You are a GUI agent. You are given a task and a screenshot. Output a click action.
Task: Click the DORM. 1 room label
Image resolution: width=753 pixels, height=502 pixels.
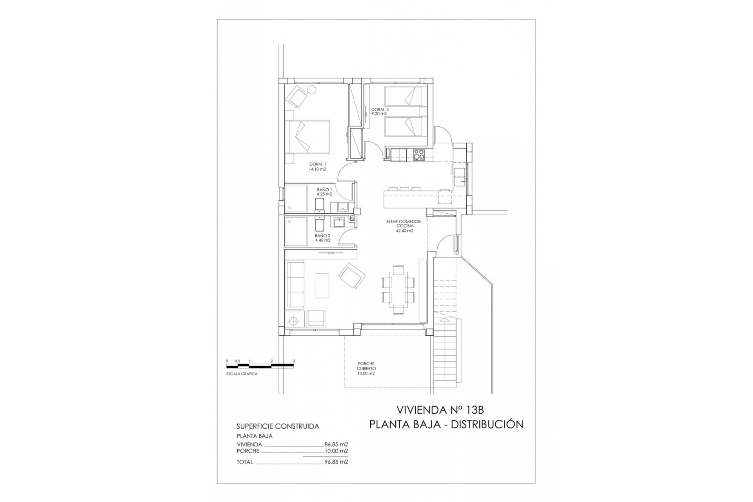pos(318,167)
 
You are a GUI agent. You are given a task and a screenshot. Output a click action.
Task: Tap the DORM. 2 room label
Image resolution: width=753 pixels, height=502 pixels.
pos(380,111)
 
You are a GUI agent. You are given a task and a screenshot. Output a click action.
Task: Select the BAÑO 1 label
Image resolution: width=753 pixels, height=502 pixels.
pos(324,191)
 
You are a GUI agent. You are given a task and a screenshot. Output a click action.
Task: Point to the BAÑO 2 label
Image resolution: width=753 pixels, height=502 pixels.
pos(322,238)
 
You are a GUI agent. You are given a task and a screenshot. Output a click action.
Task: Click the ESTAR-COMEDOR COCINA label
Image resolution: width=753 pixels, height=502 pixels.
pos(403,226)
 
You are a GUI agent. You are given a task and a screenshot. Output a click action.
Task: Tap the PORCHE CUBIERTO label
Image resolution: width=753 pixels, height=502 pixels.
pos(366,369)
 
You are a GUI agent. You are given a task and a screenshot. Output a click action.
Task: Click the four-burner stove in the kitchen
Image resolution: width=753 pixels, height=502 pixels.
pos(419,156)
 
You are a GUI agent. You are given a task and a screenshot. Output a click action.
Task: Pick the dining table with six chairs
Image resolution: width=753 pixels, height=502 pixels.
pos(398,289)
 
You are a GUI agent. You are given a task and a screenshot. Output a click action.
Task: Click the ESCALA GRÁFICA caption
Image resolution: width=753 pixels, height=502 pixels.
pos(242,374)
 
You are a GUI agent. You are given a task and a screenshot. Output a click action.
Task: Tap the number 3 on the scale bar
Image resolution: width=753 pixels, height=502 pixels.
pos(293,361)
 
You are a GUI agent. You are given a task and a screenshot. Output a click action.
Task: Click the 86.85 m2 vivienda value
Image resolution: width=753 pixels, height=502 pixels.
pos(336,444)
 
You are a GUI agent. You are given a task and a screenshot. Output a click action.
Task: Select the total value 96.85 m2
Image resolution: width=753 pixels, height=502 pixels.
pos(336,462)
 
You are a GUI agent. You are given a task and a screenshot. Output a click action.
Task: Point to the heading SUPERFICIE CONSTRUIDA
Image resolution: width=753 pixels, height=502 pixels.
pos(278,426)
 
